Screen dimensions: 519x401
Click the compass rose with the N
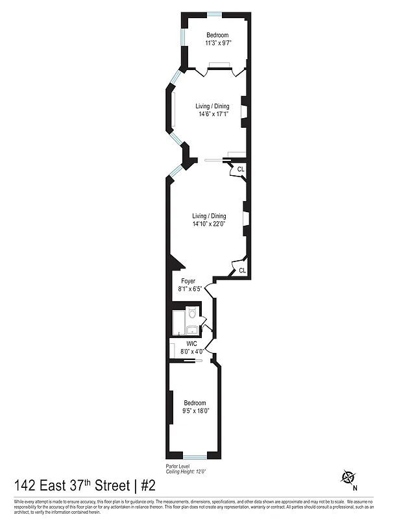click(x=348, y=478)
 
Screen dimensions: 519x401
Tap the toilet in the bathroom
click(x=192, y=315)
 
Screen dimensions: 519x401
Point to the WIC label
click(x=191, y=344)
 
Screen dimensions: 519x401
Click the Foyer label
click(x=188, y=281)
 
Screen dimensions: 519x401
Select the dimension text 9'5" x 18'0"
click(x=195, y=411)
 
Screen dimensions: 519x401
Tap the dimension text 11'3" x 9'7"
click(x=217, y=43)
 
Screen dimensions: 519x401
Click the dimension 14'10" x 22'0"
click(x=208, y=224)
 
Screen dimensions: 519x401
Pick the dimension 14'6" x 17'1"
click(x=213, y=114)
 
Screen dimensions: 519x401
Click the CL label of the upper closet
click(x=241, y=169)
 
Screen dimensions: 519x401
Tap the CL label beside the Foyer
click(x=242, y=271)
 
